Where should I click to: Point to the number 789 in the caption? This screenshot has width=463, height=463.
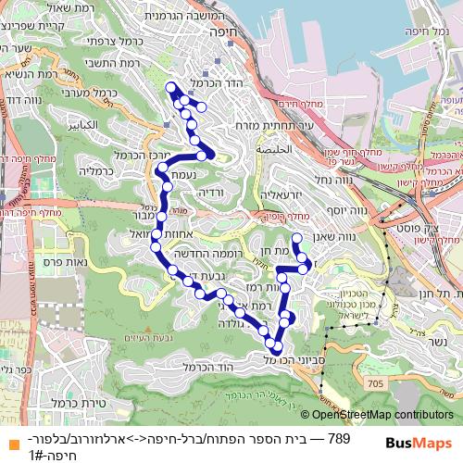[339, 437]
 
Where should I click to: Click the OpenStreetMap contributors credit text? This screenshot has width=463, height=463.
[383, 416]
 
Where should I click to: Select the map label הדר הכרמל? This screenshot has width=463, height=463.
[206, 82]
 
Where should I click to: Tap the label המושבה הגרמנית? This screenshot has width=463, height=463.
[211, 15]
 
